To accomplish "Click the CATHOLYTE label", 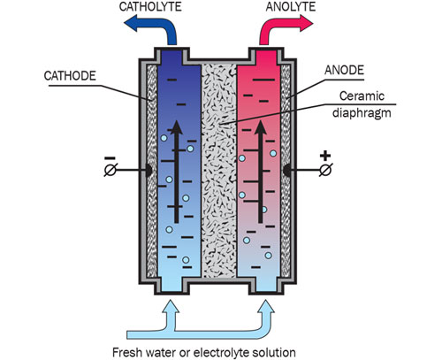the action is (150, 6).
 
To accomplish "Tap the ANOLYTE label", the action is (291, 6).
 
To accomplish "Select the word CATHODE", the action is (70, 76).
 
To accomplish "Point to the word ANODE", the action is (344, 70).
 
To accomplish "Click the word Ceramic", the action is (362, 96).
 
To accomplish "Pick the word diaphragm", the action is (362, 113).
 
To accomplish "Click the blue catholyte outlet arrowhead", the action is (133, 23).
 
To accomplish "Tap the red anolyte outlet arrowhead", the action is (305, 23).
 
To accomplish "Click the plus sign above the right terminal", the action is (325, 156).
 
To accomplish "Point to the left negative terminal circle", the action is (110, 170).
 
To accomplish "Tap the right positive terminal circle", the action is (326, 170).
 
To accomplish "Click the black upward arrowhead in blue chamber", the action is (177, 127).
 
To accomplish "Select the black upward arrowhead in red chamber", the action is (261, 127).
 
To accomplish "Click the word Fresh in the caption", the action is (126, 352).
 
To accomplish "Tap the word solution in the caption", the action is (275, 352).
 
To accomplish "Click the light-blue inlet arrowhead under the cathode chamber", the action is (170, 307).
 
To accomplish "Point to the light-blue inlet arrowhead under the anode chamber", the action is (265, 307).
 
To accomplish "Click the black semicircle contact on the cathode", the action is (149, 171).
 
